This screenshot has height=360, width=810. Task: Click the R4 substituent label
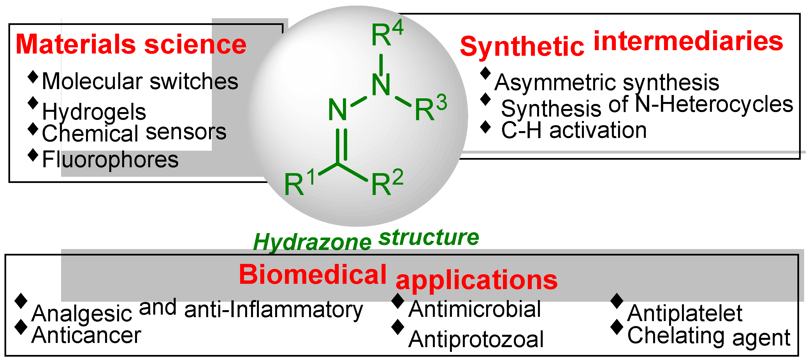(x=387, y=33)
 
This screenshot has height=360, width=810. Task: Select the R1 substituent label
(x=299, y=182)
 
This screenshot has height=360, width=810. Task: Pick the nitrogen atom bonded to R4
(x=381, y=85)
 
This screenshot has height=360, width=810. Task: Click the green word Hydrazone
(x=312, y=242)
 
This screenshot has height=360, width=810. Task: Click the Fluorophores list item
(x=110, y=160)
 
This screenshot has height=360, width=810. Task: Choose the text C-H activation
(x=574, y=131)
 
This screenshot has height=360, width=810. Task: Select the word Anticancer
(x=87, y=335)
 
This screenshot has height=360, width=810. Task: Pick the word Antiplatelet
(x=685, y=313)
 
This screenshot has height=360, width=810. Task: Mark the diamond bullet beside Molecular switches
(x=33, y=77)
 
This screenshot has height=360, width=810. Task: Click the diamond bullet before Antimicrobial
(x=398, y=301)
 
